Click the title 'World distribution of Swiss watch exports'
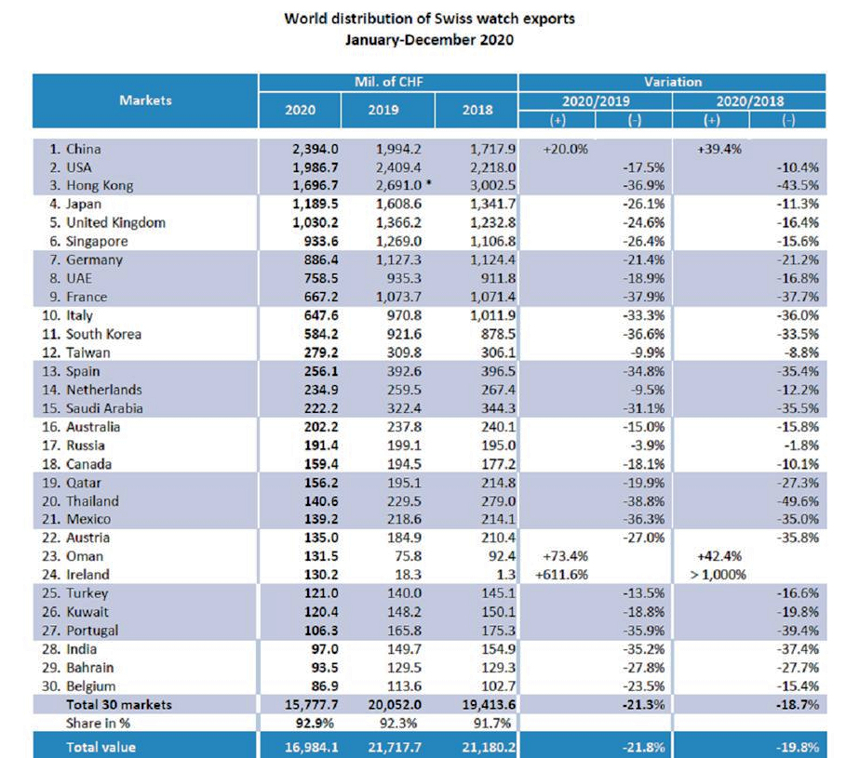[x=429, y=19]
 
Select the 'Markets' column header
[x=145, y=100]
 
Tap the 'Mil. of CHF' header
[x=387, y=83]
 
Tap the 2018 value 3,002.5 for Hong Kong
[x=489, y=186]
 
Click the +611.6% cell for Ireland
[x=561, y=575]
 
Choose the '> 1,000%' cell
[x=718, y=575]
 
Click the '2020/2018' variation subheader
[x=750, y=101]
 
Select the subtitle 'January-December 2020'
[x=429, y=40]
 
